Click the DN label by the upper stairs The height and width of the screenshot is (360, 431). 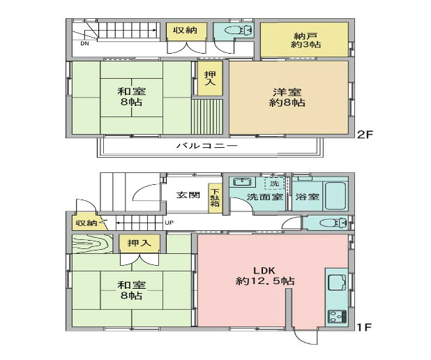click(84, 43)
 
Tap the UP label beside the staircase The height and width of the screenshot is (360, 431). click(169, 223)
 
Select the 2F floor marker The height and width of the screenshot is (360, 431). click(365, 134)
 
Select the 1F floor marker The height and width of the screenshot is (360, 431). click(364, 327)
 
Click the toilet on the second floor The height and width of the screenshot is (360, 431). click(239, 30)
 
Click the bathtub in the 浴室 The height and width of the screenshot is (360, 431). click(335, 195)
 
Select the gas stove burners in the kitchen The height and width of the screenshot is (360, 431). click(338, 317)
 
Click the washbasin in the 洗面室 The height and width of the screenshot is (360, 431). click(242, 182)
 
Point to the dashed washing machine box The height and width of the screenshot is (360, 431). click(274, 183)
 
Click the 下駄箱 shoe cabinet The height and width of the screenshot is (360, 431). click(215, 198)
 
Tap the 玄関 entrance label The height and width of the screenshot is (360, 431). click(188, 195)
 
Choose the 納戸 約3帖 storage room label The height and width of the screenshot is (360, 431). click(305, 40)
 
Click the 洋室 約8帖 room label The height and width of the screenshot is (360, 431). click(287, 97)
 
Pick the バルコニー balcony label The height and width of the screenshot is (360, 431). click(206, 145)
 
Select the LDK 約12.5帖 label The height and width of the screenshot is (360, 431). click(265, 276)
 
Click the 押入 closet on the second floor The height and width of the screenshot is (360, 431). click(211, 78)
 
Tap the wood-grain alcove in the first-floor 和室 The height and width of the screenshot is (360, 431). click(92, 243)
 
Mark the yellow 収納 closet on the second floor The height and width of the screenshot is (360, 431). click(186, 31)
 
